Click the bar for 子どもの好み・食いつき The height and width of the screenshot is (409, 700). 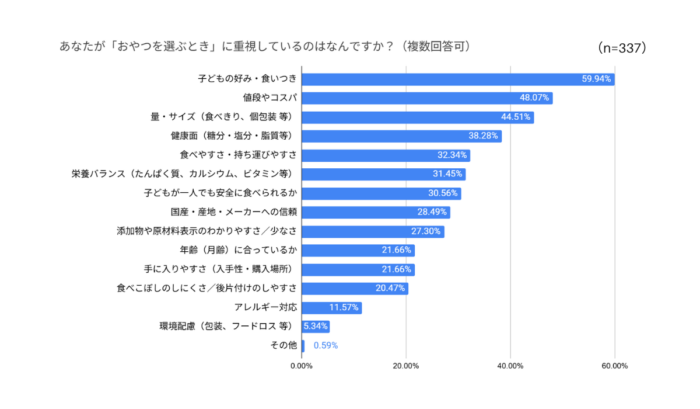click(x=458, y=79)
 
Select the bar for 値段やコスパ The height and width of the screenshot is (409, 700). click(x=427, y=98)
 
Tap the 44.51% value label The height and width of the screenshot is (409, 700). click(x=516, y=117)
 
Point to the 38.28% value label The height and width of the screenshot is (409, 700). click(x=484, y=136)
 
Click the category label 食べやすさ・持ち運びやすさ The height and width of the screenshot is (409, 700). click(x=239, y=155)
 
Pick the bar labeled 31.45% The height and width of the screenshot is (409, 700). click(x=383, y=174)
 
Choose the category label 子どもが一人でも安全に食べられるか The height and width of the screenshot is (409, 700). click(x=220, y=193)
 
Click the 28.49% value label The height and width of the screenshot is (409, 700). click(x=432, y=212)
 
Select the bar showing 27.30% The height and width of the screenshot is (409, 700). click(x=373, y=231)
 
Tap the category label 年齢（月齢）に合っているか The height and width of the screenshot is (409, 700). click(x=239, y=250)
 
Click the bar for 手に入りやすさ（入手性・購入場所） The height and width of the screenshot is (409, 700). click(x=358, y=269)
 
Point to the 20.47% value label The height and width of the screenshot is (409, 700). click(x=390, y=288)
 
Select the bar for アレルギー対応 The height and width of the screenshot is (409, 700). click(x=331, y=307)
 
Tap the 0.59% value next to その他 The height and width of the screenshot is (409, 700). click(x=325, y=345)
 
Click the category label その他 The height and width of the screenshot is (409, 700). click(x=283, y=345)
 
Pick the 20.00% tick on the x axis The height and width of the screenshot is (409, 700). click(x=406, y=366)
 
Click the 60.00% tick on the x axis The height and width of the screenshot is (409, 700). click(x=614, y=366)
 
